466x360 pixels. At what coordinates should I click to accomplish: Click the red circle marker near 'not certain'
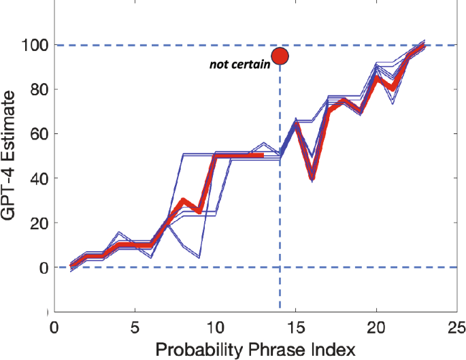point(280,56)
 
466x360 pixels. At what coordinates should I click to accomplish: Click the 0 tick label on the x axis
point(55,326)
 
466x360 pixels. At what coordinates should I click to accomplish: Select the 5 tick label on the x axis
point(135,326)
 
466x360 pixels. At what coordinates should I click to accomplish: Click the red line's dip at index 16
point(312,178)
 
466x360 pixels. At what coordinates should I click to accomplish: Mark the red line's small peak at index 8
point(184,201)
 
